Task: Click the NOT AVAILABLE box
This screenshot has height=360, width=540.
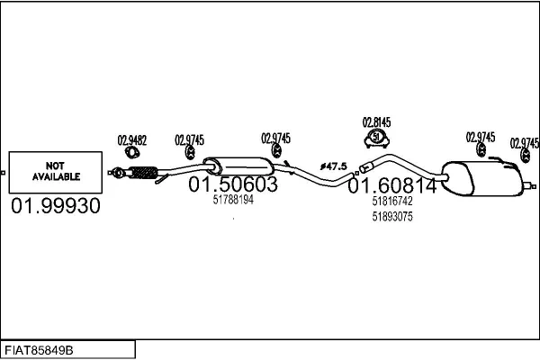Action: pyautogui.click(x=56, y=172)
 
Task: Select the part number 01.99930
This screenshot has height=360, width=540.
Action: pyautogui.click(x=56, y=206)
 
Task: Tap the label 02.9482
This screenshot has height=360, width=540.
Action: pyautogui.click(x=132, y=140)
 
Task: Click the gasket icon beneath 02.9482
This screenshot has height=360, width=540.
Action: pyautogui.click(x=132, y=152)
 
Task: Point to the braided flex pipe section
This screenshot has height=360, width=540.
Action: pyautogui.click(x=144, y=173)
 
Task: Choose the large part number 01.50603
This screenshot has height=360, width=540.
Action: pyautogui.click(x=233, y=184)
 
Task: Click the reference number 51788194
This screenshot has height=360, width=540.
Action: pyautogui.click(x=233, y=200)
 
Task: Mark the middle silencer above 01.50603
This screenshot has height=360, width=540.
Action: pyautogui.click(x=238, y=166)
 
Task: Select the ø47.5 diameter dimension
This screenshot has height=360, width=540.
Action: pyautogui.click(x=333, y=166)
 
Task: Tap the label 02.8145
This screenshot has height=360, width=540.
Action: pyautogui.click(x=376, y=122)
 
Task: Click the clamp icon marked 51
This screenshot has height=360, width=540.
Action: pyautogui.click(x=377, y=138)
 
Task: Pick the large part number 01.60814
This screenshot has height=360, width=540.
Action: pyautogui.click(x=392, y=186)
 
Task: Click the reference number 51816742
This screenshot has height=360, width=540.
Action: pyautogui.click(x=392, y=202)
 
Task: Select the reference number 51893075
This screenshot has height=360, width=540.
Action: pyautogui.click(x=392, y=217)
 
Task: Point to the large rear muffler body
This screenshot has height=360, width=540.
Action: pyautogui.click(x=482, y=178)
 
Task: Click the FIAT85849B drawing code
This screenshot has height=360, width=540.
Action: pyautogui.click(x=39, y=350)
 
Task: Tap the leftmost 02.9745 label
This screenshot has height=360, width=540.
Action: pyautogui.click(x=189, y=140)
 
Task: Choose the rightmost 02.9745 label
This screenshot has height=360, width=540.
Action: pyautogui.click(x=525, y=143)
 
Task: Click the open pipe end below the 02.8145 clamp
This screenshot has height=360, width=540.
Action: pyautogui.click(x=365, y=168)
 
